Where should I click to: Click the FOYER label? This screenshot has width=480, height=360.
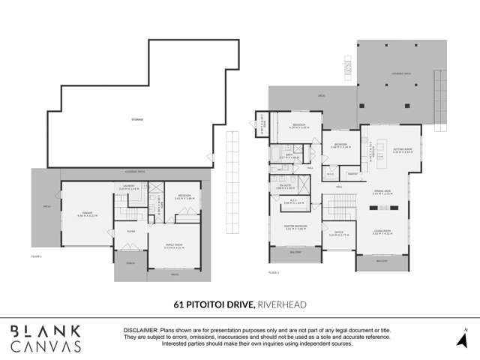click(128, 232)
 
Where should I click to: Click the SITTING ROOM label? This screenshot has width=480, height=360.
click(392, 150)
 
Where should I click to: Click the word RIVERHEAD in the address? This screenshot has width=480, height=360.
click(281, 305)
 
